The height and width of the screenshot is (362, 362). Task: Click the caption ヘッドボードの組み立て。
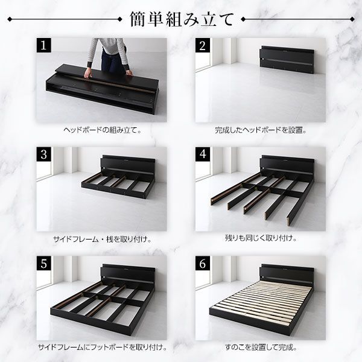pos(102,130)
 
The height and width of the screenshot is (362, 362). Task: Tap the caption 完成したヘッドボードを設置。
pos(261,130)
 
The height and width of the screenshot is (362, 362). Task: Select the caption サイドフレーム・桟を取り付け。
pos(102,239)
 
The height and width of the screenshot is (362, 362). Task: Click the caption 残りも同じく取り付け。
pos(261,239)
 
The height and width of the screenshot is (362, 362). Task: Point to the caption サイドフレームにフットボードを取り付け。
pos(102,348)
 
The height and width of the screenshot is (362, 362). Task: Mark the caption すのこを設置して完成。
pos(261,348)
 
